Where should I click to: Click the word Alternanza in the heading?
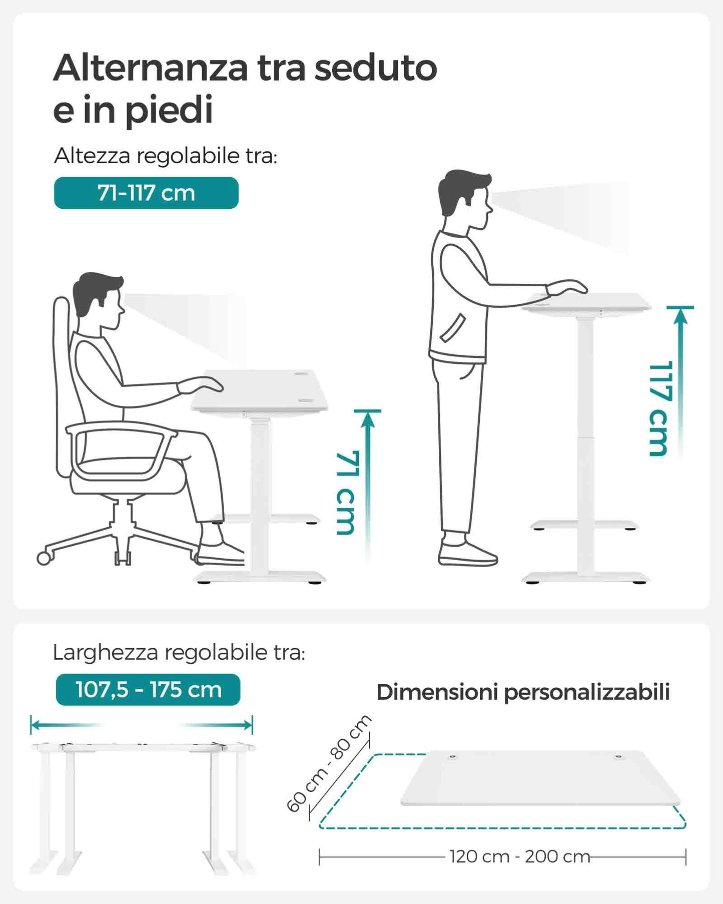click(151, 68)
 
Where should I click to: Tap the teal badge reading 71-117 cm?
click(146, 193)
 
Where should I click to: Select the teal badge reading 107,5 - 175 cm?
click(148, 690)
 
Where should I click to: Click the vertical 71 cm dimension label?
click(346, 493)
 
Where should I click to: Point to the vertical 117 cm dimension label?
click(658, 408)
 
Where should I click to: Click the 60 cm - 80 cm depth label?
click(329, 763)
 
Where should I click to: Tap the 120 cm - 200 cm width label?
click(519, 856)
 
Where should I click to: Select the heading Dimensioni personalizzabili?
click(523, 692)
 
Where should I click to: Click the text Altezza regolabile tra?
click(166, 156)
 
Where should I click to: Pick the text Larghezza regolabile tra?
click(179, 653)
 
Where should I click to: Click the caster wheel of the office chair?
click(44, 558)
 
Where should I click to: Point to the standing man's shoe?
click(467, 553)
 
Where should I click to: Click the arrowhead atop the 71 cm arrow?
click(368, 419)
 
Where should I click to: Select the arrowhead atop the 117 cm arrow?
click(680, 316)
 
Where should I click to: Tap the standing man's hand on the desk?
click(566, 287)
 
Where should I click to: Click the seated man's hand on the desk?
click(200, 384)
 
